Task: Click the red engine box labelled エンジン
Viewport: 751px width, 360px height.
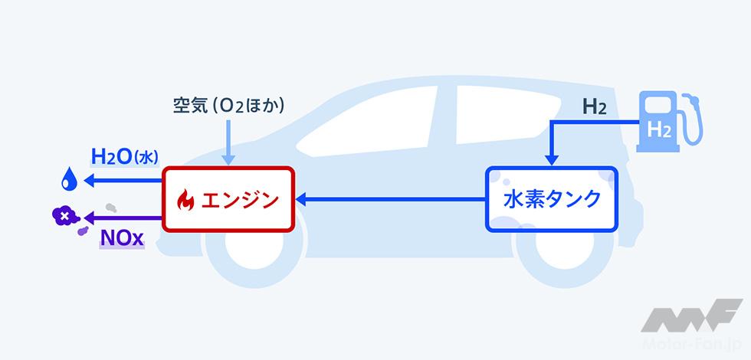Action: pyautogui.click(x=228, y=200)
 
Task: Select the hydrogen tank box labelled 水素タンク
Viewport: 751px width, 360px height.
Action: pyautogui.click(x=549, y=200)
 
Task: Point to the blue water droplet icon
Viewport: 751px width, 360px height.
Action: pyautogui.click(x=69, y=182)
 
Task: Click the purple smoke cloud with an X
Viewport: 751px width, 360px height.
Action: pyautogui.click(x=63, y=218)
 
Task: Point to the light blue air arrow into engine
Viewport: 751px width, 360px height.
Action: pyautogui.click(x=229, y=142)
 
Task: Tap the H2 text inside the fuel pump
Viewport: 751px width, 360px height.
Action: pyautogui.click(x=658, y=129)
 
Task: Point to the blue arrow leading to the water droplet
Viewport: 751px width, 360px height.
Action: pyautogui.click(x=123, y=182)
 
